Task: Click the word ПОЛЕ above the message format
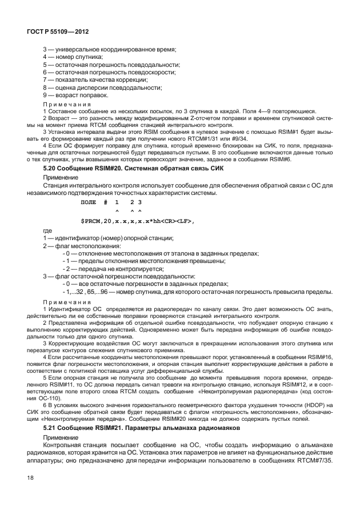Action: click(x=89, y=203)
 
